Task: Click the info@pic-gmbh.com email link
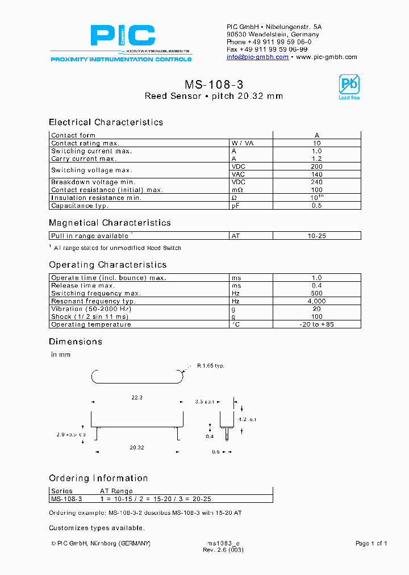(x=257, y=57)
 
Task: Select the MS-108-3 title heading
(x=214, y=85)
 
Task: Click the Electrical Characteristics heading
(x=106, y=122)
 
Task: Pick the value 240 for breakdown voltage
(x=317, y=182)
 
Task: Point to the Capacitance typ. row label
(x=80, y=206)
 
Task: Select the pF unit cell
(x=236, y=206)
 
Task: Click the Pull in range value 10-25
(x=317, y=236)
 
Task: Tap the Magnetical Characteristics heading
(x=110, y=223)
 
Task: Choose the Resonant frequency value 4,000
(x=317, y=301)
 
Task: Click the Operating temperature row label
(x=91, y=325)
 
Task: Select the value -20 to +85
(x=317, y=325)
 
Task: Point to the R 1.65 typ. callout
(x=211, y=365)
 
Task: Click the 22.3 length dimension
(x=136, y=398)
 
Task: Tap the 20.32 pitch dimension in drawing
(x=136, y=448)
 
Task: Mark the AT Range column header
(x=116, y=491)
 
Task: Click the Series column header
(x=62, y=491)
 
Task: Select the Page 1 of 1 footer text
(x=371, y=544)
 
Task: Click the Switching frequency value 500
(x=317, y=293)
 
